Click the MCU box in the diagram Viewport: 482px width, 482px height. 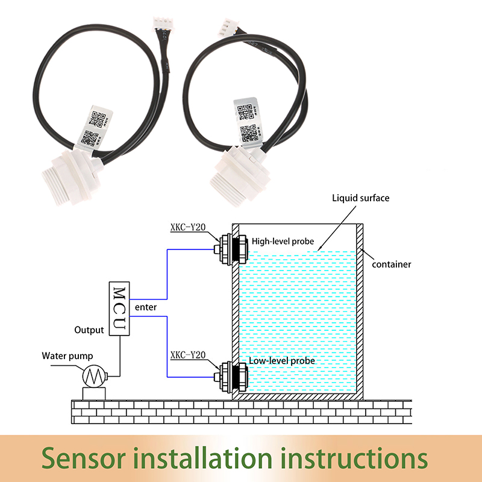pyautogui.click(x=119, y=308)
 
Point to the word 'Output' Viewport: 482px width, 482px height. pyautogui.click(x=89, y=330)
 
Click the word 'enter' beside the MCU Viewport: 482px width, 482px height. pyautogui.click(x=146, y=307)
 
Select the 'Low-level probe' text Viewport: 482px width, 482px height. pyautogui.click(x=282, y=360)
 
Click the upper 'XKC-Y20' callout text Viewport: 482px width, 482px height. pyautogui.click(x=188, y=227)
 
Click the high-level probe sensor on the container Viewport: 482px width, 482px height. pyautogui.click(x=231, y=249)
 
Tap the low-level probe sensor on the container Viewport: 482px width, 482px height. pyautogui.click(x=231, y=377)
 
